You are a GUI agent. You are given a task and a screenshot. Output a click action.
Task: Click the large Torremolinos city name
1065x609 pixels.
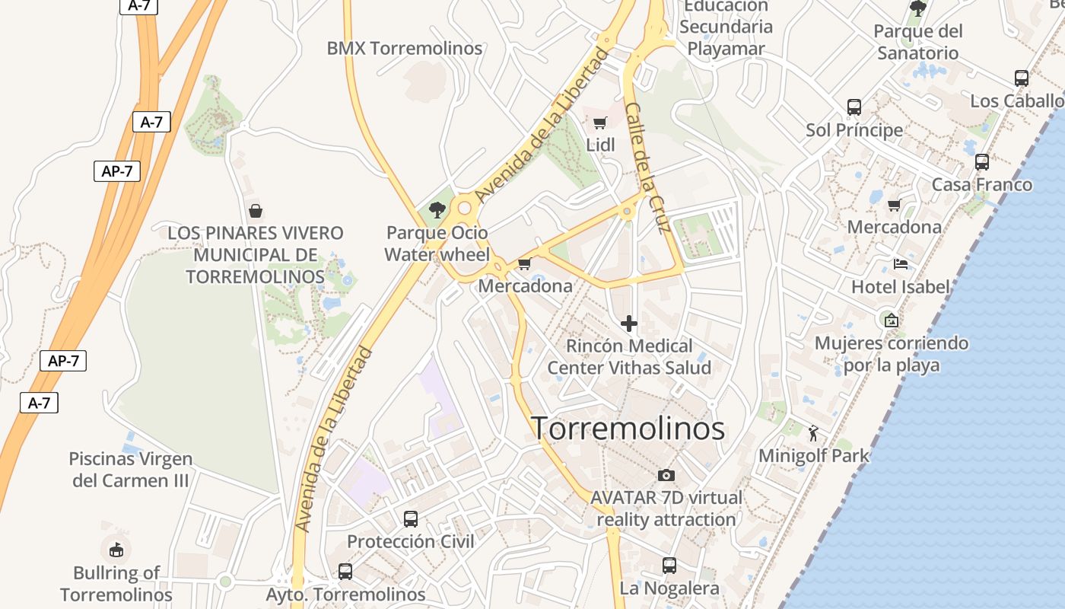pos(628,429)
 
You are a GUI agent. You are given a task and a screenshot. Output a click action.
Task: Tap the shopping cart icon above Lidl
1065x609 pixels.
pos(599,123)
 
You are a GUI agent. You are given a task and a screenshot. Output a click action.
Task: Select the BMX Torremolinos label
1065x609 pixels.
pos(404,49)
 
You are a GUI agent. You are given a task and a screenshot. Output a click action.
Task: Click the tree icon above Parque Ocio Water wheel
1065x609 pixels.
pos(437,209)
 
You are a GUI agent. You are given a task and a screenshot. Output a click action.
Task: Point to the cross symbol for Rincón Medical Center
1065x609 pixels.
pos(629,324)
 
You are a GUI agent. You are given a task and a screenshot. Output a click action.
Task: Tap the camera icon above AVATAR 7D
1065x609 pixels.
pos(666,476)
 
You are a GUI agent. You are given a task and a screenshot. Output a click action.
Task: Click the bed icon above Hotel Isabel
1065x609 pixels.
pos(901,264)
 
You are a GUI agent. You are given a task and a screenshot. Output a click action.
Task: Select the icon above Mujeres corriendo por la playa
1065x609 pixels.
pos(892,320)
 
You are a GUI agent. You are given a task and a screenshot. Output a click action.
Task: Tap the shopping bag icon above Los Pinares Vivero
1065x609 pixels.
pos(256,210)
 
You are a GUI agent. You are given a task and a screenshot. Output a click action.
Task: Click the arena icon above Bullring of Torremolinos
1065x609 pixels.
pos(116,549)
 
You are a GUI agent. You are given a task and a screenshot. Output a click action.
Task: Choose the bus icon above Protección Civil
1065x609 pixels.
pos(411,519)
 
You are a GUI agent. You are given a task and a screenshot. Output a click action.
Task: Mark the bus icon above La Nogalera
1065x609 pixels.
pos(669,566)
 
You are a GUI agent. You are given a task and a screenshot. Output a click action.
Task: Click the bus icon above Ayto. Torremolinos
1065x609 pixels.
pos(345,571)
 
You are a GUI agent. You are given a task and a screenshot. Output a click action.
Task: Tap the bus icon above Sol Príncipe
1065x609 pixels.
pos(854,107)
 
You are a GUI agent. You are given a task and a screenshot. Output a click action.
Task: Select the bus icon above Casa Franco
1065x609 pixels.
pos(982,162)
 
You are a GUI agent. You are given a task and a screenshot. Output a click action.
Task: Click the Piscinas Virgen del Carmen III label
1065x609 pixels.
pos(130,470)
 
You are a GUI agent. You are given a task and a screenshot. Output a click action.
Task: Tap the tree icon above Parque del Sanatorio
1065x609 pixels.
pos(918,8)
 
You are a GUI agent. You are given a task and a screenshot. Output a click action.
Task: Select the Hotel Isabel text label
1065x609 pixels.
pos(901,287)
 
